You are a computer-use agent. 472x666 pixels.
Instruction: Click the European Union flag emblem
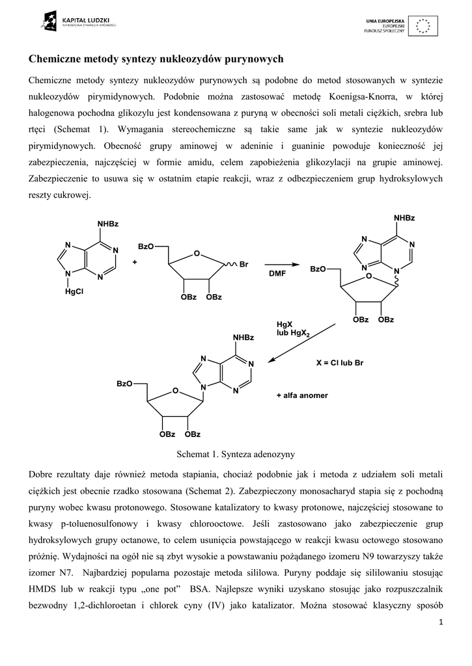(424, 25)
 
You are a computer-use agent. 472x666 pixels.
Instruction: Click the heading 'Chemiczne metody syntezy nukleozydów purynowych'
(156, 59)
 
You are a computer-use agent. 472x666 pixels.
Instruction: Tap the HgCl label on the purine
(76, 292)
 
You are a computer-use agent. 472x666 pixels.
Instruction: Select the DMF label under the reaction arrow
(278, 274)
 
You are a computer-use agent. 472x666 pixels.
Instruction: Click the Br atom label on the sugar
(245, 264)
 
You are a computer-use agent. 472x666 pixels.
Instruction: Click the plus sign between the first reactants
(135, 263)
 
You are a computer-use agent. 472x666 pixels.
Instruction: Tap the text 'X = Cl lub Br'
(339, 363)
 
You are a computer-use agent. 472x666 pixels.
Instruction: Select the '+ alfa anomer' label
(302, 395)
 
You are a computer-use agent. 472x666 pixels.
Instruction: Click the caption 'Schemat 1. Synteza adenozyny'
(235, 452)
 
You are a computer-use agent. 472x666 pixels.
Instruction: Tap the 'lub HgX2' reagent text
(293, 333)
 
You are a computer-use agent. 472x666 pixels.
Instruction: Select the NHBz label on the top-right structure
(404, 217)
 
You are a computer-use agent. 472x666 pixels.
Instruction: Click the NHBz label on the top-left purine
(108, 224)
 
